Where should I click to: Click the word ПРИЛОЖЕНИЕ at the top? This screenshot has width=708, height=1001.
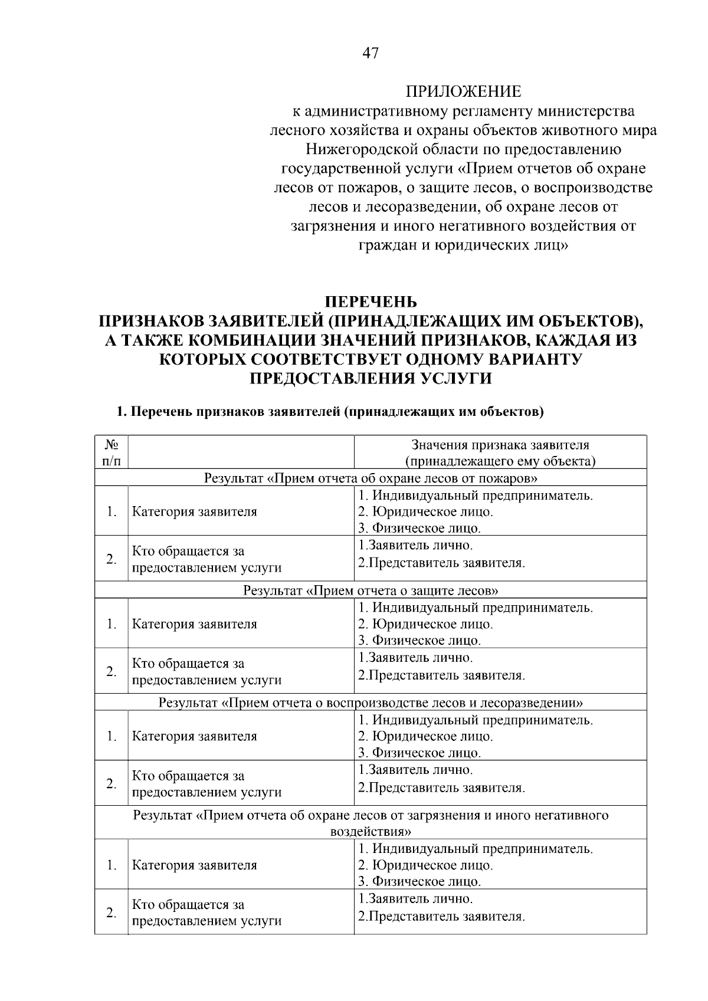[x=463, y=91]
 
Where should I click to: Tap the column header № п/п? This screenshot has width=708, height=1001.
[x=111, y=452]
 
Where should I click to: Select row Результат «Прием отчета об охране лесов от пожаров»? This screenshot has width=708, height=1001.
[x=371, y=477]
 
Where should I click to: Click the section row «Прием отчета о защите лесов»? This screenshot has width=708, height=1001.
[x=371, y=590]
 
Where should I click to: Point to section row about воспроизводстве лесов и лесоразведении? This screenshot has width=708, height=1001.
[x=371, y=703]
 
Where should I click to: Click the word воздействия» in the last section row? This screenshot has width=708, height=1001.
[x=371, y=832]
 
